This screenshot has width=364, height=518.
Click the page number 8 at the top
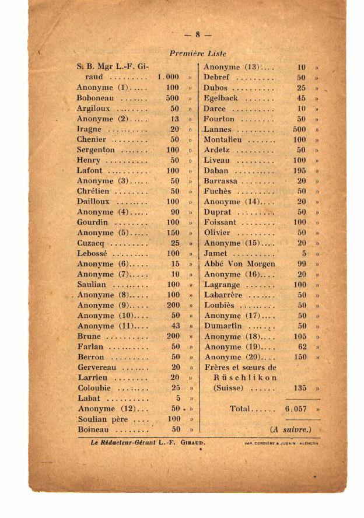[x=198, y=34]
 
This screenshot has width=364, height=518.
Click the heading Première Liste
[x=198, y=54]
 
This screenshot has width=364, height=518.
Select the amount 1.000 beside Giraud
[x=168, y=77]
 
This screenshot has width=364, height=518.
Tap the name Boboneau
[x=95, y=98]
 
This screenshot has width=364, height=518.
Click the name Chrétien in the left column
[x=93, y=191]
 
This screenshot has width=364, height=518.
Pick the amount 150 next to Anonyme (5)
[x=173, y=233]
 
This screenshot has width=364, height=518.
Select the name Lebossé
[x=93, y=254]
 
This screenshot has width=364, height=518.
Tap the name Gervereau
[x=97, y=367]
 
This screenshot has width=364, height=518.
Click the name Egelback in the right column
[x=221, y=98]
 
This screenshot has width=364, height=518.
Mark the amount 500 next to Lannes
[x=299, y=129]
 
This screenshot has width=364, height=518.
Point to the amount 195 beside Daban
[x=299, y=171]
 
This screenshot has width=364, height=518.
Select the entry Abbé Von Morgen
[x=239, y=264]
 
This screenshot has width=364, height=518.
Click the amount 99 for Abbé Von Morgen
[x=302, y=264]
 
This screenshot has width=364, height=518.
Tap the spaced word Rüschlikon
[x=245, y=377]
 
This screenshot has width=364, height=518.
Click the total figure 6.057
[x=296, y=409]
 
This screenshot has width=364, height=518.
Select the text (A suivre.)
[x=290, y=430]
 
